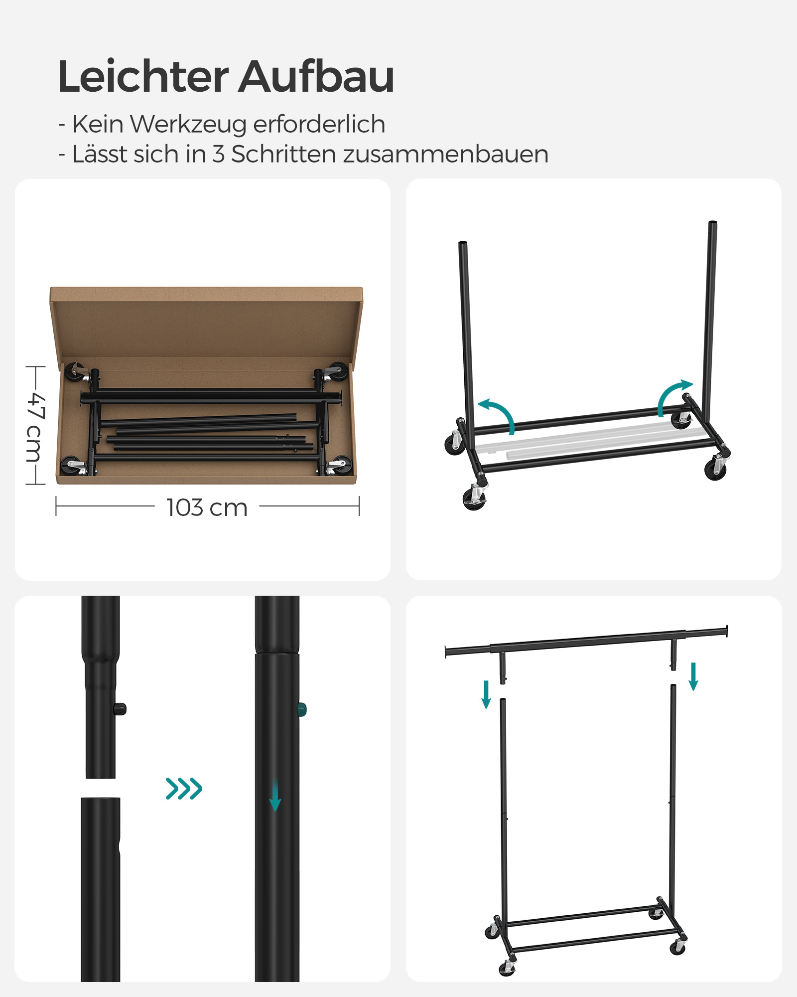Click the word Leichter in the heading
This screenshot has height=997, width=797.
pos(143,77)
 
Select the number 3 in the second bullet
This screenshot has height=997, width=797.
pos(218,154)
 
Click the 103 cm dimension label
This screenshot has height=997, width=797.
pos(207,507)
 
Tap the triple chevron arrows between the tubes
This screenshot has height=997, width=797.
pos(184,788)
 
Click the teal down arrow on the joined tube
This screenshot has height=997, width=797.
pos(275,796)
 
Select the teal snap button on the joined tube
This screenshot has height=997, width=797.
pos(302,709)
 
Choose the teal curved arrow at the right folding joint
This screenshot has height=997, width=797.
pos(673,396)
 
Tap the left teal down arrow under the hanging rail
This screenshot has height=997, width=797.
pos(486,694)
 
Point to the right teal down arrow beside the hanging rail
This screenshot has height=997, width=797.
pos(693,676)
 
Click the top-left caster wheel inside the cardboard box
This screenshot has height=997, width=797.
pos(74,372)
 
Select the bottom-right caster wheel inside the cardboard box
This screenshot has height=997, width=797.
pos(341,466)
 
